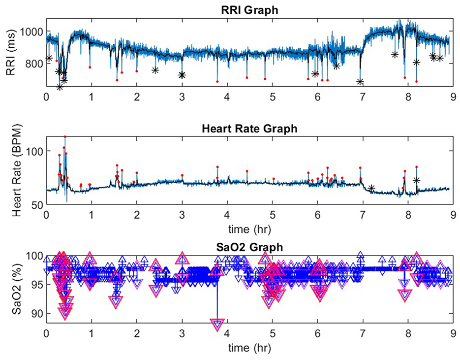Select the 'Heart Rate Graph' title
[x=250, y=129]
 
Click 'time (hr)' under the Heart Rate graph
[x=250, y=229]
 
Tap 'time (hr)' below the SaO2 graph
[x=250, y=348]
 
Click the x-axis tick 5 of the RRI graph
[x=273, y=98]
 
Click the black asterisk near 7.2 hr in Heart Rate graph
[x=371, y=188]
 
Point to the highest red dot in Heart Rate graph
[x=65, y=136]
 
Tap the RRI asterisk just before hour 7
[x=360, y=82]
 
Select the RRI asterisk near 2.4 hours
[x=155, y=70]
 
